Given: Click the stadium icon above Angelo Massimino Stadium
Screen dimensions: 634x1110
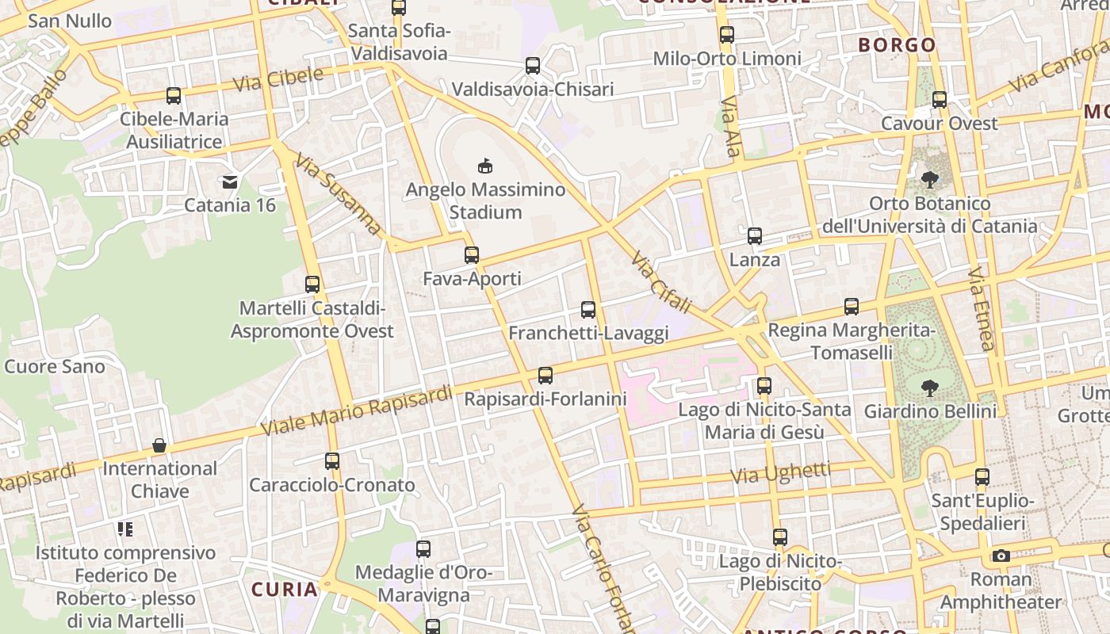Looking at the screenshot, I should [x=484, y=166].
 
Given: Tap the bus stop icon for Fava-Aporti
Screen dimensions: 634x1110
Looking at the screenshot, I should [x=472, y=255].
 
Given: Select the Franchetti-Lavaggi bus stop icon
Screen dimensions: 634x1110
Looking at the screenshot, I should [x=588, y=310].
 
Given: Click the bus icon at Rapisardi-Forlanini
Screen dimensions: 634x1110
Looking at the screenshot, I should [x=545, y=376].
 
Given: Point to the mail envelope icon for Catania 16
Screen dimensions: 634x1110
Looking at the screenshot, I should [x=230, y=182].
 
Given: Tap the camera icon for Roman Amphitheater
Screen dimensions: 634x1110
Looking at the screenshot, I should [x=1001, y=556].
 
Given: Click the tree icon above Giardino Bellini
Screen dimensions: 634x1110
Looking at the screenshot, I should [x=930, y=388].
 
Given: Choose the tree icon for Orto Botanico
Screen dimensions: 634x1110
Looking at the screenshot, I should [x=930, y=180].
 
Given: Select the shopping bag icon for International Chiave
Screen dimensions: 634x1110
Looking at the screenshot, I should [x=159, y=445].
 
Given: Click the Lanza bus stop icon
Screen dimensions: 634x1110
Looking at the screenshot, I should [x=755, y=236].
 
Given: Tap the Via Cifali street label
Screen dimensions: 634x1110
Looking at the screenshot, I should [x=661, y=282].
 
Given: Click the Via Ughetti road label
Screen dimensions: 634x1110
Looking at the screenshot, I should [x=781, y=474].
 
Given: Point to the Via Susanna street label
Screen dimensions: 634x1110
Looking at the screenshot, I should [x=339, y=195].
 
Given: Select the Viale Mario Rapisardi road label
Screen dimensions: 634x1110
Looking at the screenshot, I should [x=356, y=410].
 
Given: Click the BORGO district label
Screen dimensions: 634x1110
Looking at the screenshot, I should [x=898, y=45].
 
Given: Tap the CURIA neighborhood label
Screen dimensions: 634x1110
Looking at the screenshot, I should [x=285, y=590].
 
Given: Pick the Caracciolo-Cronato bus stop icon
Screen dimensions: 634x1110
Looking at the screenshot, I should [x=332, y=461].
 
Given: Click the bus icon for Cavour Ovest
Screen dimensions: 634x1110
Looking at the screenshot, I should [x=940, y=100].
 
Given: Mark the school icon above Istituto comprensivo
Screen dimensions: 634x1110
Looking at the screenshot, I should [x=125, y=529].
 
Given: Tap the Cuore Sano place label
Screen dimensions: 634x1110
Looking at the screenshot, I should [x=55, y=366].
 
